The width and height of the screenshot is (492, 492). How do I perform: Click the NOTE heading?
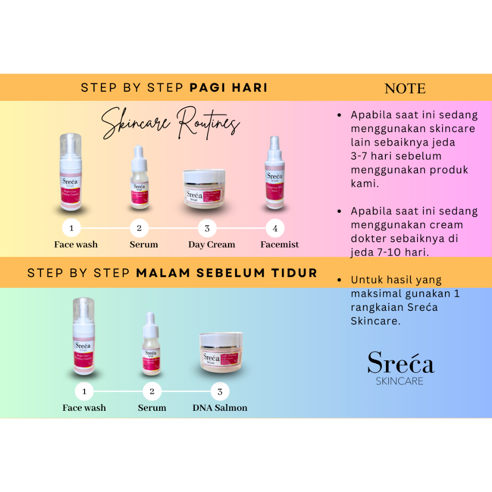[x=405, y=88]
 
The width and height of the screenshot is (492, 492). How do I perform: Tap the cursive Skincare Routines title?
[x=171, y=122]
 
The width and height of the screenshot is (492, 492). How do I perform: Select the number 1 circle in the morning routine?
[x=72, y=228]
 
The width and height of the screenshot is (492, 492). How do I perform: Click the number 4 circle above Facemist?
[x=275, y=228]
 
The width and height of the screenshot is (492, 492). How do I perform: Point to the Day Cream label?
[x=211, y=245]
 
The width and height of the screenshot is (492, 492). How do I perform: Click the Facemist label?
[x=280, y=245]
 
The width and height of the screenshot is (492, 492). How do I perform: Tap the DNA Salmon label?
[x=220, y=408]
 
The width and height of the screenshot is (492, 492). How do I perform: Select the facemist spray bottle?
[x=275, y=173]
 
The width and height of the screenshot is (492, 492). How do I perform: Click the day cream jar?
[x=205, y=189]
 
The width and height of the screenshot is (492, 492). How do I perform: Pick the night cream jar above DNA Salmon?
[x=221, y=353]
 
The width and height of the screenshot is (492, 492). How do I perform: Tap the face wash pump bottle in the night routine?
[x=83, y=336]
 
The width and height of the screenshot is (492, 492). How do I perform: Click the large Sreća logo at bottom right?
[x=401, y=363]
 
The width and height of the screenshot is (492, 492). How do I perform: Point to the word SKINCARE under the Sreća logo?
[x=400, y=381]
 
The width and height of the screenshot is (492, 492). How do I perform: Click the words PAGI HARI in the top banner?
[x=229, y=87]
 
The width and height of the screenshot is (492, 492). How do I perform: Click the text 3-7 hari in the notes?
[x=372, y=156]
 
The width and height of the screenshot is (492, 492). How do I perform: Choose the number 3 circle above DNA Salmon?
[x=220, y=392]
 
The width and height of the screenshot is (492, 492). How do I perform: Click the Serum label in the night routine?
[x=152, y=408]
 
